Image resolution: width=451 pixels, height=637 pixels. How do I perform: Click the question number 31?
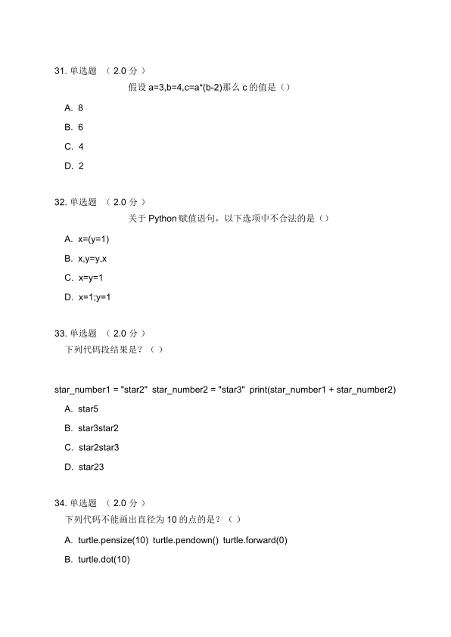61,71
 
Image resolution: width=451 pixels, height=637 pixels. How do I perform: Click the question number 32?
61,202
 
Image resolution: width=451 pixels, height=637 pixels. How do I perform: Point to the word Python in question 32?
162,219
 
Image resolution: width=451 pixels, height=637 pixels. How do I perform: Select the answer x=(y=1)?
94,239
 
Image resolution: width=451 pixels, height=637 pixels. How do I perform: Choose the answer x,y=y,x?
92,259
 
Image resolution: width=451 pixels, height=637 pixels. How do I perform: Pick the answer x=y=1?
90,278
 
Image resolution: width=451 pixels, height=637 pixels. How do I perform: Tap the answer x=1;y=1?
94,297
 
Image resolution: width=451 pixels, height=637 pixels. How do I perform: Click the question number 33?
61,333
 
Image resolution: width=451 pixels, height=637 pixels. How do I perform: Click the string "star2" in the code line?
134,390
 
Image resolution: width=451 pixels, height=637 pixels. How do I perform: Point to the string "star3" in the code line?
231,390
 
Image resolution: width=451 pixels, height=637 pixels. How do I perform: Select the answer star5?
88,409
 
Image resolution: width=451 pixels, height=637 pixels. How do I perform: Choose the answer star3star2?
98,428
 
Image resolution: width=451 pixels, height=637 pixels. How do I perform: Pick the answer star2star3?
98,447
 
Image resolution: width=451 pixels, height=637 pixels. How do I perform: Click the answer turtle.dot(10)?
104,559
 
